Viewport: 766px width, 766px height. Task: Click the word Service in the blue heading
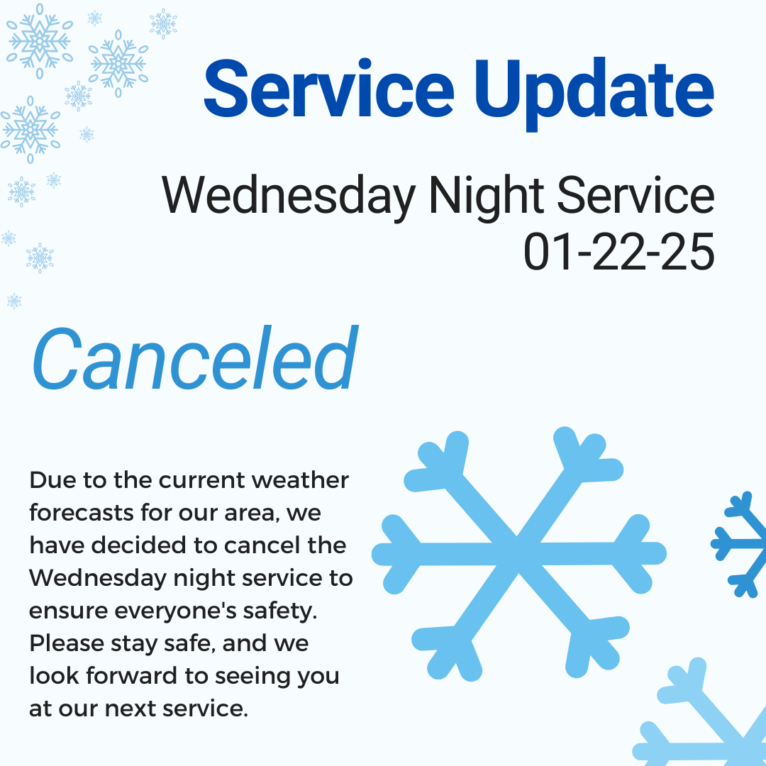329,89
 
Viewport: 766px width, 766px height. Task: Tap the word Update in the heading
594,94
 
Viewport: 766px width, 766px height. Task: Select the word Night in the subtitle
486,196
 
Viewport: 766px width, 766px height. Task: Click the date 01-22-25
619,252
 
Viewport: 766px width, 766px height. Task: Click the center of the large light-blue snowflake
518,554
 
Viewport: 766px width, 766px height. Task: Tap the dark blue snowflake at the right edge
739,544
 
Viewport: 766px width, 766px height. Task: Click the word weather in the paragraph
300,480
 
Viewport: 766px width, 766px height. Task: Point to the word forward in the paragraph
131,676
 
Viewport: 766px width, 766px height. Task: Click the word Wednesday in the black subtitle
289,196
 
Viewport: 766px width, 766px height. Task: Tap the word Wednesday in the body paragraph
98,579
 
